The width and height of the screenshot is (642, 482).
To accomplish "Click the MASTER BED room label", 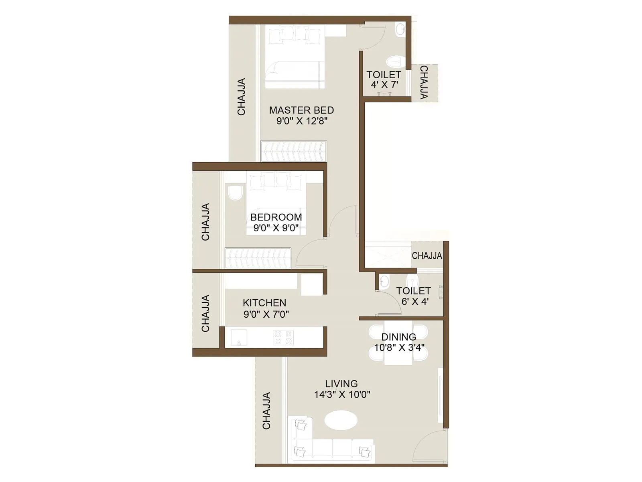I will tap(301, 110).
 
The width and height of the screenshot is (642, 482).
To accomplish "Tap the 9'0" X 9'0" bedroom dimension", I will tap(276, 228).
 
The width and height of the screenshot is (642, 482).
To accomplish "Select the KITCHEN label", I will tap(264, 303).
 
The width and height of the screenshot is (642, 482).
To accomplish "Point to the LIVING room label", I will tap(341, 384).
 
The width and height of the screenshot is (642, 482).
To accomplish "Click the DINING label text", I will tap(398, 337).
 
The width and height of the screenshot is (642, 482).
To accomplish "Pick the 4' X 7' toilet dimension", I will tap(384, 85).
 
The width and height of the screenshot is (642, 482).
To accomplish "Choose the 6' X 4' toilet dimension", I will tap(415, 301).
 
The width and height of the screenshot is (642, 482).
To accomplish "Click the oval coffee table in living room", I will tap(341, 421).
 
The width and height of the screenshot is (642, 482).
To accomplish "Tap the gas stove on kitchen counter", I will tap(283, 337).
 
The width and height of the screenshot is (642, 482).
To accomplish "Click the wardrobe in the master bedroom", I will tap(294, 151).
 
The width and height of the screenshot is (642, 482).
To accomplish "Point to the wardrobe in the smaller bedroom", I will tap(258, 258).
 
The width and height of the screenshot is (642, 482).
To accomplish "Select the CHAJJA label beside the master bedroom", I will tap(241, 97).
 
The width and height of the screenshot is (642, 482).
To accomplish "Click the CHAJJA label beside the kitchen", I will tap(205, 313).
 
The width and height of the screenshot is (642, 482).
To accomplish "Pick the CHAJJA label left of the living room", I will tap(266, 411).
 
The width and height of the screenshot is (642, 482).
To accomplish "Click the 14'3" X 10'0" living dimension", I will tap(342, 394).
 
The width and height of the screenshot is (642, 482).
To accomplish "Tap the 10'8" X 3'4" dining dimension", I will tap(399, 348).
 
